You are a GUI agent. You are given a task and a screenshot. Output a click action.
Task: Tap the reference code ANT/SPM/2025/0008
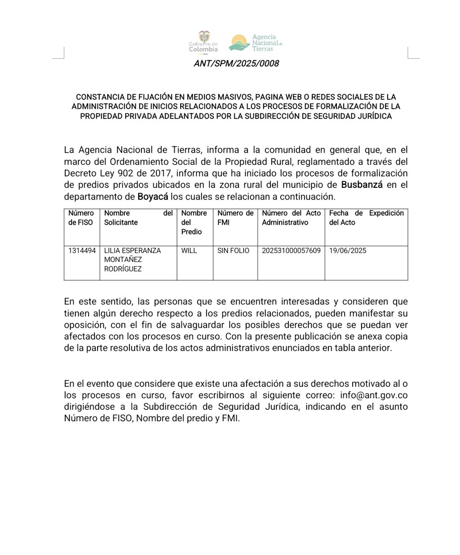tap(236, 63)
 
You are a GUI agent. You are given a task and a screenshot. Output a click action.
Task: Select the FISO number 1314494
tap(82, 251)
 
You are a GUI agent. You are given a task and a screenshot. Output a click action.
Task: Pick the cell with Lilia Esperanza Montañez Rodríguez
tap(132, 260)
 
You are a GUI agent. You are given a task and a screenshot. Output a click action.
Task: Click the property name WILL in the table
tap(189, 251)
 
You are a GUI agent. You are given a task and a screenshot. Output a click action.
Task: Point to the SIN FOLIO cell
tap(233, 251)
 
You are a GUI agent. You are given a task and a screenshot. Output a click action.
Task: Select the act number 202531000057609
tap(291, 251)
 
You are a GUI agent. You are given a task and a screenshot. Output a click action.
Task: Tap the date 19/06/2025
tap(348, 251)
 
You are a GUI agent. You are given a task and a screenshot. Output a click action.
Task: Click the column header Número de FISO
tap(81, 218)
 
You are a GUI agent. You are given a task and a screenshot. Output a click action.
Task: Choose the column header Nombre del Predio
tap(194, 222)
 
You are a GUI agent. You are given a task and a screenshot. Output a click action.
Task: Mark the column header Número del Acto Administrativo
tap(291, 218)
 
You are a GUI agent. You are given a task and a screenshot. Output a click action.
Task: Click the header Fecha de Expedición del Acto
tap(366, 218)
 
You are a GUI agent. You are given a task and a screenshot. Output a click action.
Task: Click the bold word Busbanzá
tap(362, 185)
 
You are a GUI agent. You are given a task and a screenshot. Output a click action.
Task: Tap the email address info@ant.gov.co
tap(374, 395)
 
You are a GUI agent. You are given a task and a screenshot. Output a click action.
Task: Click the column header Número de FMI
tap(235, 218)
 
